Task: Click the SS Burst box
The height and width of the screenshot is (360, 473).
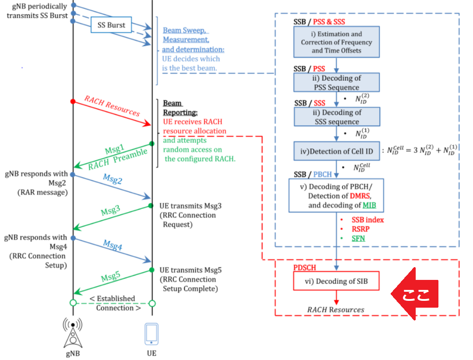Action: click(111, 25)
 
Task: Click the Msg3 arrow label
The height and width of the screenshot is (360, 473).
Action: click(110, 210)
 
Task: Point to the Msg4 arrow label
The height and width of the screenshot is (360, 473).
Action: click(112, 244)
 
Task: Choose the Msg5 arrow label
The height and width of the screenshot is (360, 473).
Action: click(110, 275)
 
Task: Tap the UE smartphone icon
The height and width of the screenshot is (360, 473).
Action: click(152, 334)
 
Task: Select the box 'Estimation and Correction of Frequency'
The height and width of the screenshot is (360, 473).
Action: click(336, 42)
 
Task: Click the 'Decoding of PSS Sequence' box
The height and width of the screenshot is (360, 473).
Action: click(336, 83)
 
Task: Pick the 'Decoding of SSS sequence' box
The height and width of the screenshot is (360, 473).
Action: click(336, 117)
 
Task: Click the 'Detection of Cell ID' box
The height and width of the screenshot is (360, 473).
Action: click(336, 151)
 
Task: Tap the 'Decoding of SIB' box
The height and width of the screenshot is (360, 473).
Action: click(336, 281)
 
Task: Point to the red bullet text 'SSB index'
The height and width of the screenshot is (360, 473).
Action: click(367, 220)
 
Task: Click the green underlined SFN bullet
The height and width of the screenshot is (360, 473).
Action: click(358, 238)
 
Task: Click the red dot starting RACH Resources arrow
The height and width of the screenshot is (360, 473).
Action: click(73, 101)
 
